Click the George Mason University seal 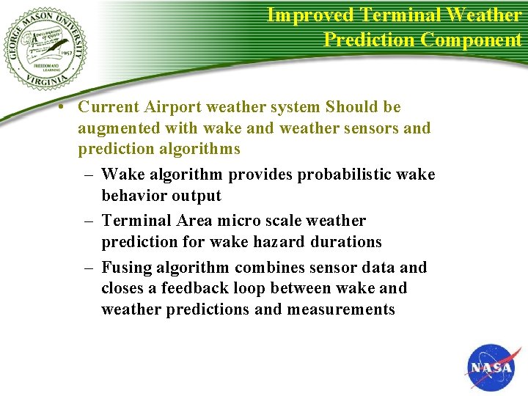click(x=46, y=48)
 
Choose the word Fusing click(x=126, y=268)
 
